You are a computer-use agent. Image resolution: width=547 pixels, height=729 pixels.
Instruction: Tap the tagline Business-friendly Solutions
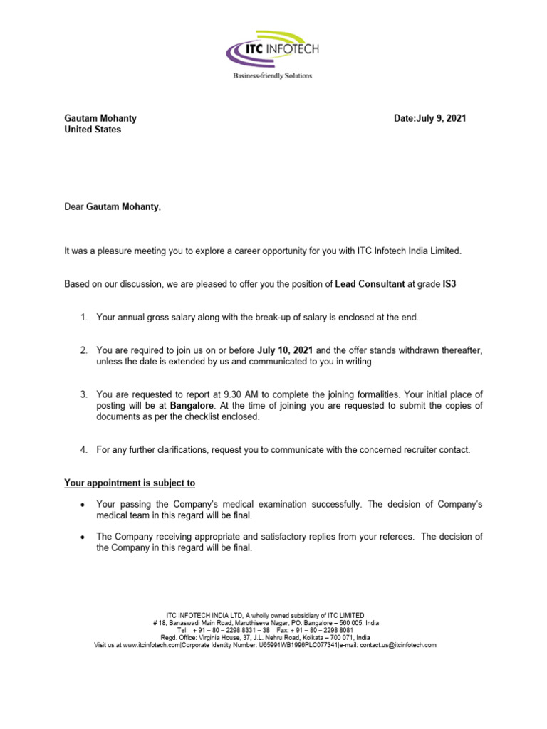click(273, 75)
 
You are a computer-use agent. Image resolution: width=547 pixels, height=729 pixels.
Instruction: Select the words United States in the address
click(93, 130)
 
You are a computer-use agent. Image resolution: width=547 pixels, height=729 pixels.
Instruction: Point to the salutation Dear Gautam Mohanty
click(113, 207)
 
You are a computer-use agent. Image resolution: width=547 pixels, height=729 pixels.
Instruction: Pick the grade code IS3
click(449, 284)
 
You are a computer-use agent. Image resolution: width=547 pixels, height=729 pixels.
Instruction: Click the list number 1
click(83, 317)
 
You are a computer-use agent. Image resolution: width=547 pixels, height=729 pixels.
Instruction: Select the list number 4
click(83, 450)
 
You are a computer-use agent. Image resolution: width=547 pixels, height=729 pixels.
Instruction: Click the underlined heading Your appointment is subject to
click(130, 483)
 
